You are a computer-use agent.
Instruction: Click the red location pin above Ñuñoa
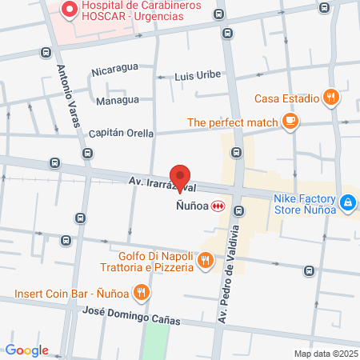click(x=180, y=176)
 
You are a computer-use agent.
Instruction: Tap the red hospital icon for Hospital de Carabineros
click(x=68, y=10)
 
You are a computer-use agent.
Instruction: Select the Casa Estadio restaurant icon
click(x=332, y=98)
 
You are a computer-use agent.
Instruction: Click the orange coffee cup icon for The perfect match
click(x=290, y=122)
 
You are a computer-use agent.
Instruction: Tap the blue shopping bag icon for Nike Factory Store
click(x=347, y=204)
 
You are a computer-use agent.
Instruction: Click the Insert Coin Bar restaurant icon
click(x=141, y=292)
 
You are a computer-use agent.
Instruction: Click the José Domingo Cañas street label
click(x=126, y=317)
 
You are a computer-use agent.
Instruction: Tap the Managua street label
click(x=118, y=101)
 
